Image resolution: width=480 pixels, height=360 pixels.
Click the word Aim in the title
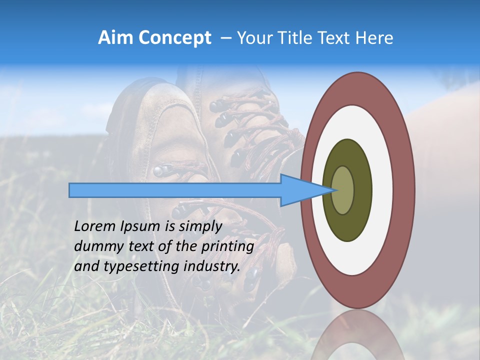coord(115,38)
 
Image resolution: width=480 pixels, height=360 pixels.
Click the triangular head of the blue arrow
coord(305,190)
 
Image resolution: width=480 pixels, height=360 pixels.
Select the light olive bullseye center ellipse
coord(343,190)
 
